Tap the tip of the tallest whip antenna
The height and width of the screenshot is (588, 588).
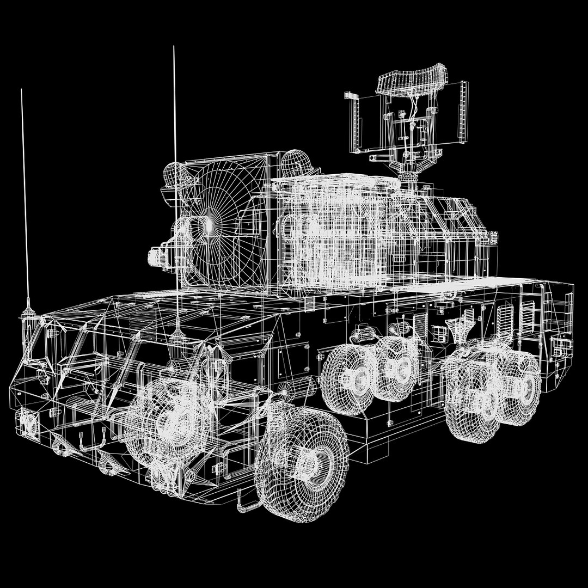pos(174,47)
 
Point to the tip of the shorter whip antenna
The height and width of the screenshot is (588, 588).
pos(21,90)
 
